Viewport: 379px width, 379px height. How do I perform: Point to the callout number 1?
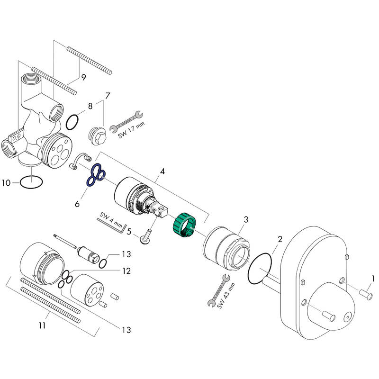pyautogui.click(x=373, y=279)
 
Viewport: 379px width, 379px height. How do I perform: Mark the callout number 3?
pyautogui.click(x=245, y=219)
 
